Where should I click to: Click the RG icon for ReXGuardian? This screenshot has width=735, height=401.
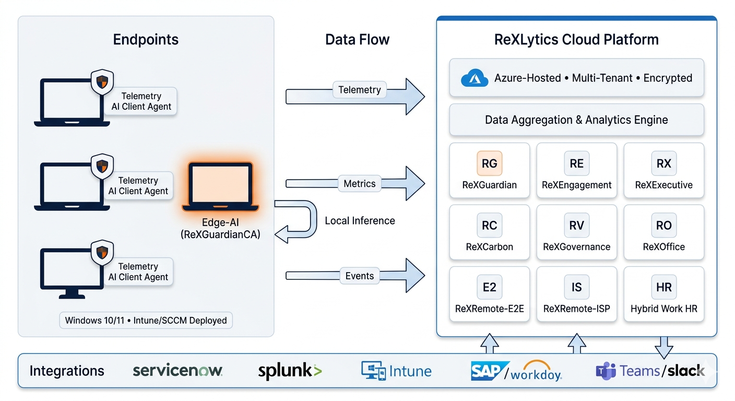(x=489, y=163)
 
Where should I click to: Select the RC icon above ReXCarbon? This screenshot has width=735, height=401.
(x=489, y=226)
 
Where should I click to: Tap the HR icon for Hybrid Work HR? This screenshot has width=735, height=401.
(x=663, y=287)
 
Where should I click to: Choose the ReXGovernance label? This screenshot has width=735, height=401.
(x=576, y=247)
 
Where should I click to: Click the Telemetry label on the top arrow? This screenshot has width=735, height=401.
(x=359, y=90)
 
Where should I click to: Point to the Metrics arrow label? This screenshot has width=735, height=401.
(x=359, y=184)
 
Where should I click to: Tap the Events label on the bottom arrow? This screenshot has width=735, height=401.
(x=359, y=276)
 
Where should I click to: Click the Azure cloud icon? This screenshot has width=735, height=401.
(x=474, y=78)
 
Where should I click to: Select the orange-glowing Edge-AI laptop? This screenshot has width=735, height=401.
(x=220, y=187)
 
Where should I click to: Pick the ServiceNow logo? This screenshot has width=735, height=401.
(x=177, y=371)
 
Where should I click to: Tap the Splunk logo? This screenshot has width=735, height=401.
(x=290, y=371)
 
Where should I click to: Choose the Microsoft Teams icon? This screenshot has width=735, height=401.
(x=606, y=372)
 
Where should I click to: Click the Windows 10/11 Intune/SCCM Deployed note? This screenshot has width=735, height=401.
(x=146, y=320)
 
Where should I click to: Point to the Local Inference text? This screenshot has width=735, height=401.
(x=360, y=221)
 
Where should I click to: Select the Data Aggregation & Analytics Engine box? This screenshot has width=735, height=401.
(x=576, y=120)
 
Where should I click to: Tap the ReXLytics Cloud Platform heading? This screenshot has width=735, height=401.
(x=576, y=40)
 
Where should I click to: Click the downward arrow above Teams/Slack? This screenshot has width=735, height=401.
(x=663, y=345)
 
